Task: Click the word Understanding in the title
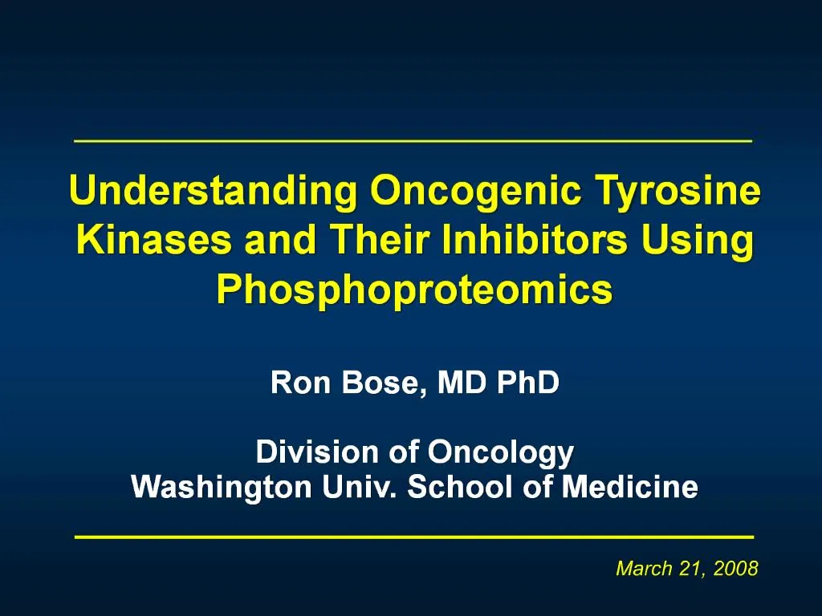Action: tap(213, 191)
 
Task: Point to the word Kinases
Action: tap(153, 240)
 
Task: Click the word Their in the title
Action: tap(380, 240)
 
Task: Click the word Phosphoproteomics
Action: tap(415, 291)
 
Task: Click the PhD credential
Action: tap(528, 383)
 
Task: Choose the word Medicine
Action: tap(629, 487)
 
